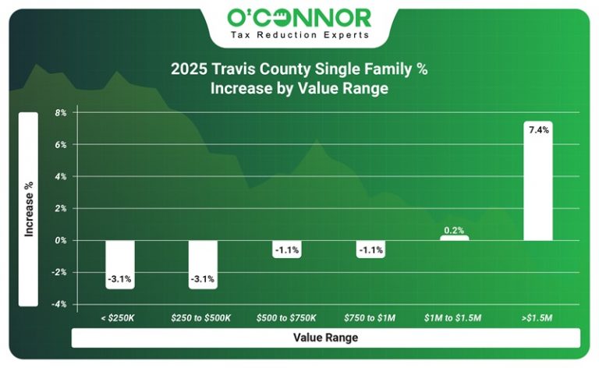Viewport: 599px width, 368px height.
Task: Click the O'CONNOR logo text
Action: pyautogui.click(x=299, y=17)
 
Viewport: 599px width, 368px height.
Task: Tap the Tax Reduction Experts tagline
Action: pyautogui.click(x=299, y=35)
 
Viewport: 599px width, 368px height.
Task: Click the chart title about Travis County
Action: pyautogui.click(x=299, y=79)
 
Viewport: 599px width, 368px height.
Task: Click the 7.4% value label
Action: pyautogui.click(x=538, y=130)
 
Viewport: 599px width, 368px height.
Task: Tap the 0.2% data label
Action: pyautogui.click(x=454, y=231)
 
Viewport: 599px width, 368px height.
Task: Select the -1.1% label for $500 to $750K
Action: pyautogui.click(x=287, y=250)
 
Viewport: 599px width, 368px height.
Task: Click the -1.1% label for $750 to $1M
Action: pyautogui.click(x=370, y=250)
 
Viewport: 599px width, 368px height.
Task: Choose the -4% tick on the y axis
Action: pyautogui.click(x=60, y=304)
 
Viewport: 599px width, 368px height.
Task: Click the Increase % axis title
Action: pyautogui.click(x=29, y=209)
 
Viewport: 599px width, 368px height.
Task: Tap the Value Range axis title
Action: pyautogui.click(x=325, y=338)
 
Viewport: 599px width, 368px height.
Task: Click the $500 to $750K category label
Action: pyautogui.click(x=286, y=318)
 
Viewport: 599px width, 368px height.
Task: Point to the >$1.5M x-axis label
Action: pyautogui.click(x=538, y=318)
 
